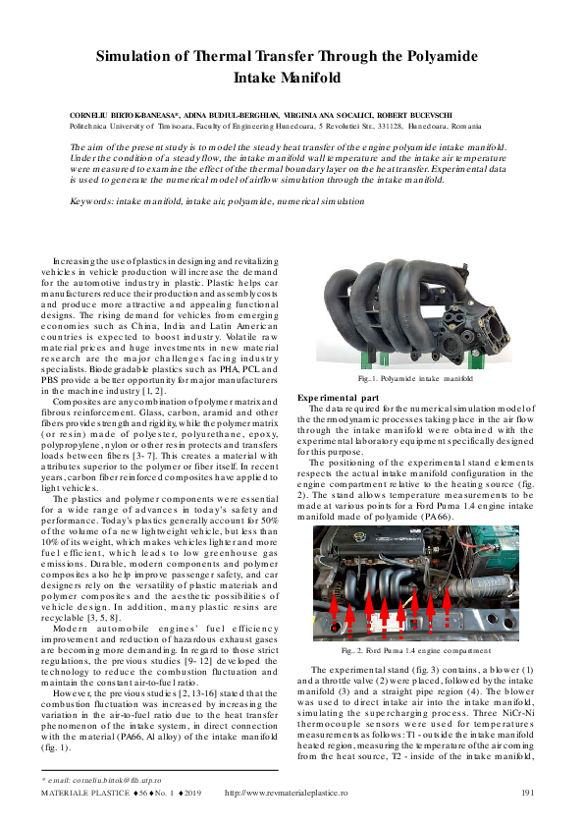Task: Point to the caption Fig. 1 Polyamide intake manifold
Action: (x=415, y=377)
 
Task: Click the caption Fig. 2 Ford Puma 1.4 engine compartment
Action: (x=416, y=650)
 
